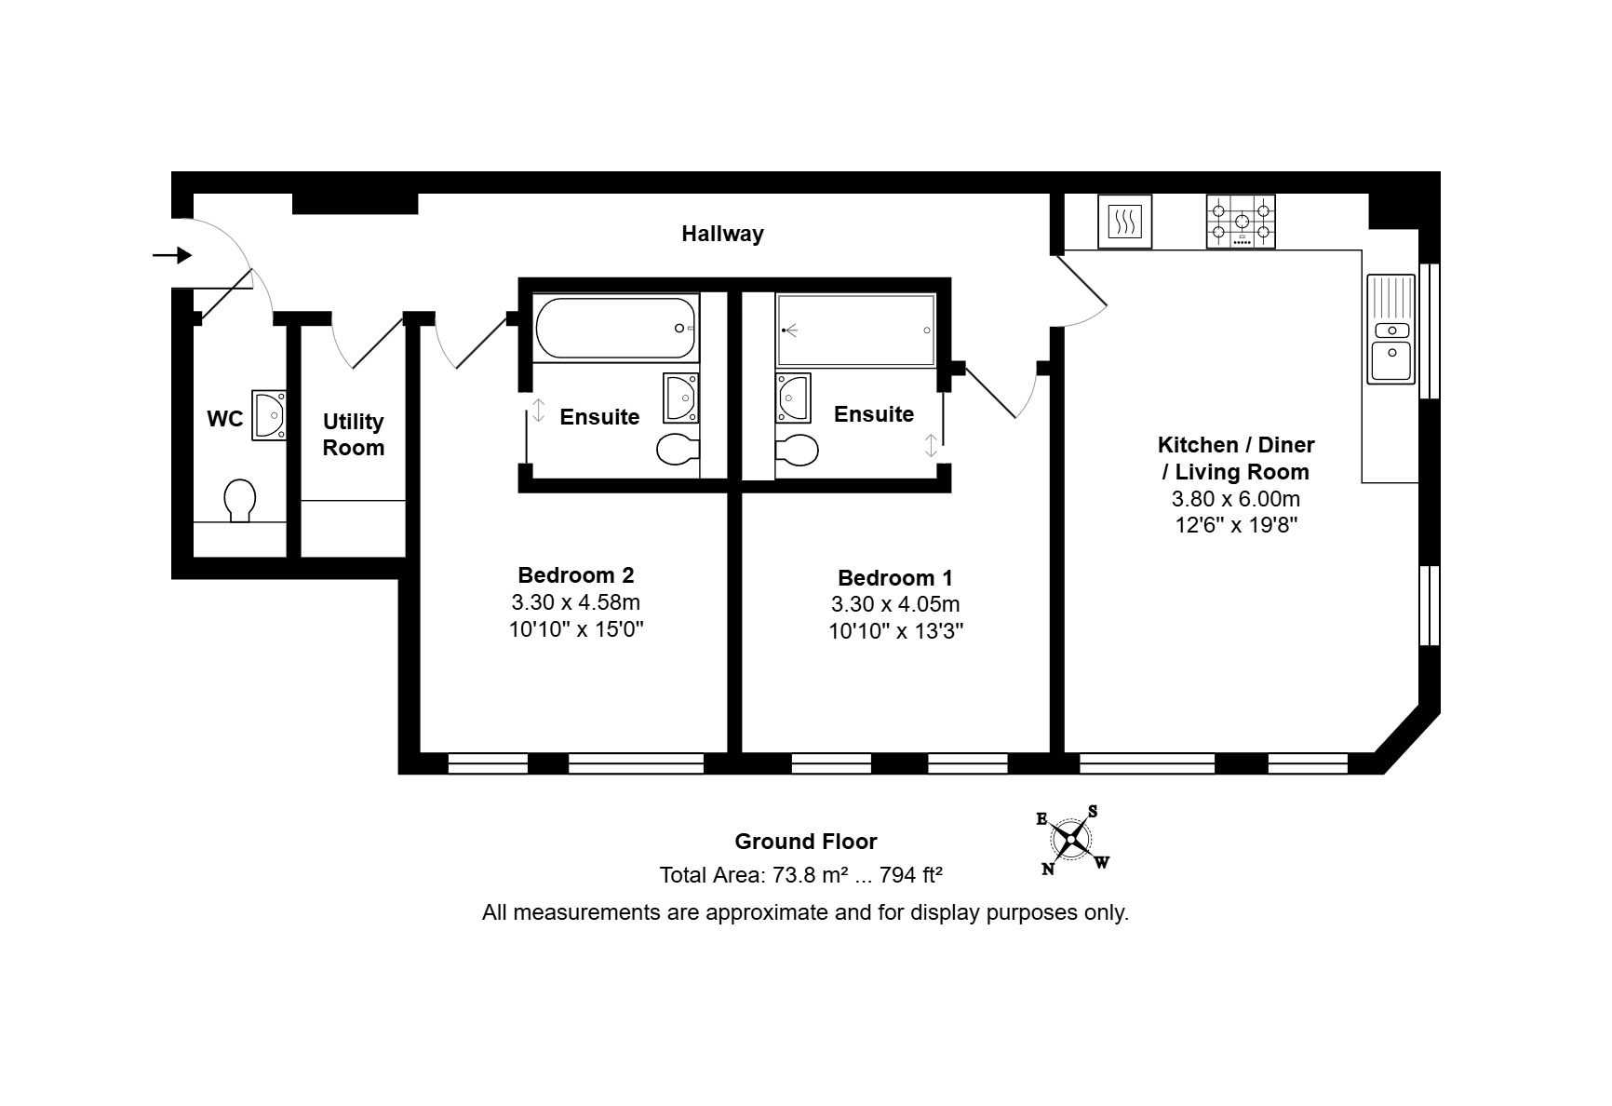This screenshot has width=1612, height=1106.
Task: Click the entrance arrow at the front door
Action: [x=173, y=255]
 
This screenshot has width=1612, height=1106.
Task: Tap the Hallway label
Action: [x=722, y=234]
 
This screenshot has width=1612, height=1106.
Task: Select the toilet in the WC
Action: [x=241, y=500]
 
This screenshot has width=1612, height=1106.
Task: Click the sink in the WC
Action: [x=268, y=414]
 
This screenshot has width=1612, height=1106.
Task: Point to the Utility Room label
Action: [x=354, y=435]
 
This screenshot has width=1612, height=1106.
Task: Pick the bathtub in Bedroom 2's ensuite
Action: [x=617, y=328]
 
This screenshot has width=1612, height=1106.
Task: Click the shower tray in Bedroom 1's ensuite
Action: [x=856, y=330]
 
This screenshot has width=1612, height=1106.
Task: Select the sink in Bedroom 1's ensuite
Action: [x=793, y=398]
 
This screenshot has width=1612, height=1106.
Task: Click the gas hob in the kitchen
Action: [x=1241, y=222]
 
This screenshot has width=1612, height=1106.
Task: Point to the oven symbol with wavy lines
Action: [x=1124, y=222]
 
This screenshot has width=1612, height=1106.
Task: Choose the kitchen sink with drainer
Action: [x=1390, y=329]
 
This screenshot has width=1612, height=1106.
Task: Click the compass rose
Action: [x=1073, y=841]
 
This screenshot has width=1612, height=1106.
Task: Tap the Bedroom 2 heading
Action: [x=576, y=575]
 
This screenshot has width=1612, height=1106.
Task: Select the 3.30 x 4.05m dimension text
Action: [x=895, y=604]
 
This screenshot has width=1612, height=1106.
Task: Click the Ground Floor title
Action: [x=806, y=842]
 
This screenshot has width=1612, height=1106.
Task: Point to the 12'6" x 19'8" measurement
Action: [x=1236, y=525]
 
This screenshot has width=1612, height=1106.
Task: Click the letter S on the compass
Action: [x=1093, y=812]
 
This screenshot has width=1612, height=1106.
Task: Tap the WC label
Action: [x=224, y=419]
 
